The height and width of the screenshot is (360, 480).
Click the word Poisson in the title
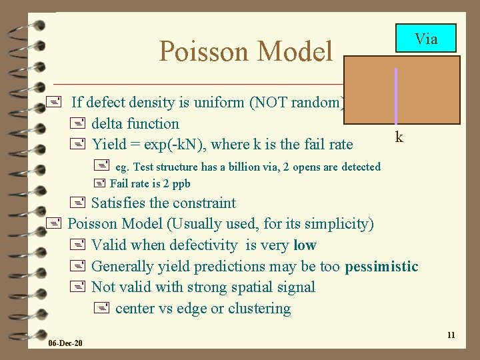pyautogui.click(x=204, y=51)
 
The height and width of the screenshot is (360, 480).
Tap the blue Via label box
pyautogui.click(x=426, y=39)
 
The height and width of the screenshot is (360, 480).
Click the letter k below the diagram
pyautogui.click(x=399, y=137)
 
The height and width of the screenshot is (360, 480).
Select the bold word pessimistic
pyautogui.click(x=381, y=267)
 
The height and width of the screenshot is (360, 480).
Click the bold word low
pyautogui.click(x=305, y=245)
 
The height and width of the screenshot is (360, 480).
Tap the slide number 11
pyautogui.click(x=451, y=335)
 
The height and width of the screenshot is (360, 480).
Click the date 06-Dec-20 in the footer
pyautogui.click(x=65, y=343)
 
